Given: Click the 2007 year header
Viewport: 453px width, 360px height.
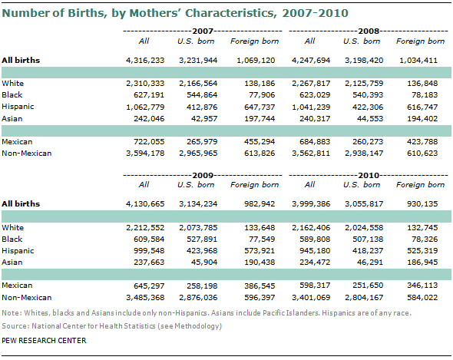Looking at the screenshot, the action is [203, 31].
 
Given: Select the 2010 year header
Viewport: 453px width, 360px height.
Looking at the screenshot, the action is [369, 175].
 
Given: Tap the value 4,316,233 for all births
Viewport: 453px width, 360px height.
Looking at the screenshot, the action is [145, 61].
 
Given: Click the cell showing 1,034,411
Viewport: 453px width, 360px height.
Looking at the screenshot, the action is [418, 61].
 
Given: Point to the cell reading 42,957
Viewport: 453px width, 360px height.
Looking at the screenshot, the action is [204, 119].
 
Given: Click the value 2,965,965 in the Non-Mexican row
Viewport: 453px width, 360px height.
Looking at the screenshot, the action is [198, 154].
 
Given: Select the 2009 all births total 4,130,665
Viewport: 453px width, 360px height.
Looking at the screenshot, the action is [145, 204].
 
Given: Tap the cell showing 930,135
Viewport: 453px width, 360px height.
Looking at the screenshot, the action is [422, 204].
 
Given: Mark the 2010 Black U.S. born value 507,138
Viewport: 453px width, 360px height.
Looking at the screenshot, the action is [368, 239].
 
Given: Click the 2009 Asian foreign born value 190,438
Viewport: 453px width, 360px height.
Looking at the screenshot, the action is [260, 263].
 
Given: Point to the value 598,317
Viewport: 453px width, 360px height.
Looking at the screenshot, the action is [315, 286].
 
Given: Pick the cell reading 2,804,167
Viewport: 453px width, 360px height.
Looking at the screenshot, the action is [364, 298].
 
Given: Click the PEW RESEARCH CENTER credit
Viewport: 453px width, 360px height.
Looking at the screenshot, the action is [44, 341].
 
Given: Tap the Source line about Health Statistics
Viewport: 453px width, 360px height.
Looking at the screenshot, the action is [112, 326].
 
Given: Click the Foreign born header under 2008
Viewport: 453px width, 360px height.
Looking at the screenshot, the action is [420, 41].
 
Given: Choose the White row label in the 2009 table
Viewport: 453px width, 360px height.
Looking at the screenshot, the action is [13, 228].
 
